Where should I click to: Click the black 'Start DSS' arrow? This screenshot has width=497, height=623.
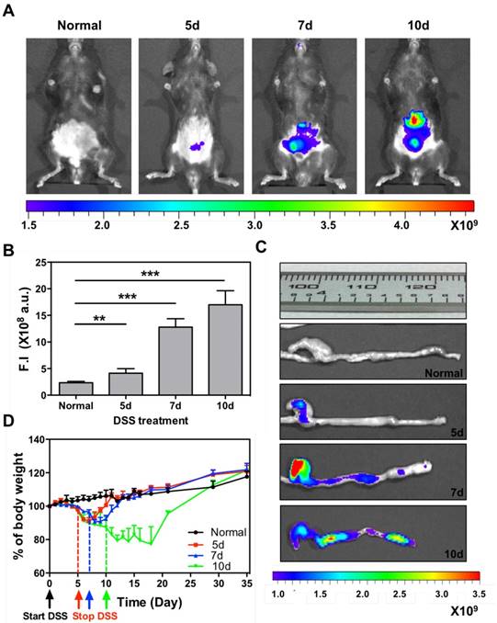50,598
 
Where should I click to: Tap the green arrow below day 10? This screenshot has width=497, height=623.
107,598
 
